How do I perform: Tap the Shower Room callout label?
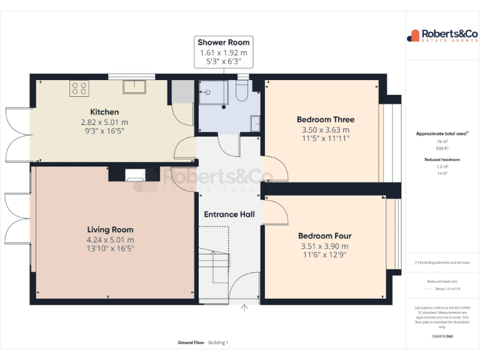[x=223, y=42]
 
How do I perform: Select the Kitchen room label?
[x=104, y=111]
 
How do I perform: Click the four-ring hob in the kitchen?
[x=79, y=87]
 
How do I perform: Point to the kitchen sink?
[x=134, y=87]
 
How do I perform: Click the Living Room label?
[x=110, y=229]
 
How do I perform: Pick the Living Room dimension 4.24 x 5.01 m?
[x=110, y=239]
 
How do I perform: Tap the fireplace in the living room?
[x=135, y=176]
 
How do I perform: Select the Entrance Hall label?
[x=229, y=214]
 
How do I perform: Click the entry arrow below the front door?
[x=244, y=307]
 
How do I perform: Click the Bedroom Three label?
[x=325, y=119]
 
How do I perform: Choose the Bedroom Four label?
[x=324, y=236]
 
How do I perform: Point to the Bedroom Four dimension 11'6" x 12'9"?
[x=324, y=255]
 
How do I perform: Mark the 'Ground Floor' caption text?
[x=191, y=342]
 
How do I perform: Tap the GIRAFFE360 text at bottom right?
[x=442, y=336]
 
